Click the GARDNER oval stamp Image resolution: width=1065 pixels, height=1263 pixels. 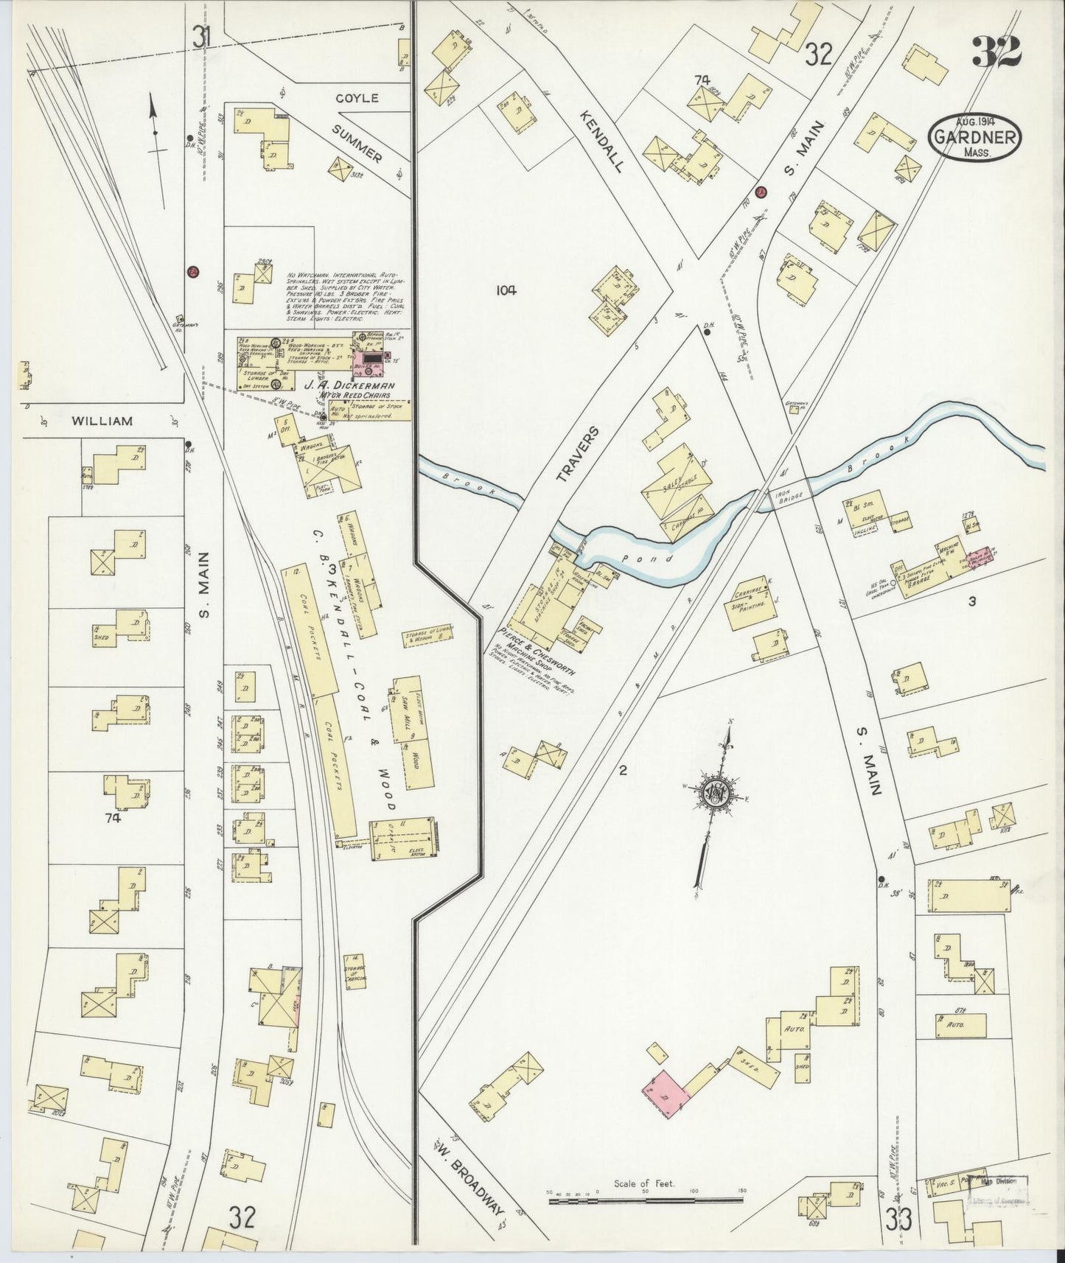tap(975, 136)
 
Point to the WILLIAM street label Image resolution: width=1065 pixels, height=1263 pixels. tap(102, 421)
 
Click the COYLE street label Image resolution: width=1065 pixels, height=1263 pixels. tap(357, 97)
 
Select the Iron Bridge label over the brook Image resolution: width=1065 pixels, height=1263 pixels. tap(789, 494)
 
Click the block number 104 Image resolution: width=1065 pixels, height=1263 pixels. tap(506, 290)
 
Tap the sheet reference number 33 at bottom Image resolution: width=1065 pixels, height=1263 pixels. tap(899, 1220)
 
